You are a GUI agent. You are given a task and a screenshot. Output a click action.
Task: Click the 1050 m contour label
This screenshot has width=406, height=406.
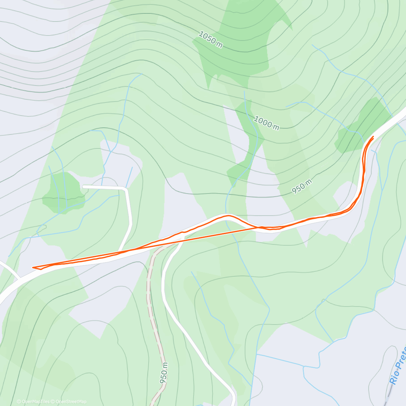coord(210,40)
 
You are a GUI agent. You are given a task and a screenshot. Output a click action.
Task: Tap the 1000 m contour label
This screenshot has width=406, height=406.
coord(266,123)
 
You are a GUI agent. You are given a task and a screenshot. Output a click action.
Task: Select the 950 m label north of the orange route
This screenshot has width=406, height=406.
coord(302,187)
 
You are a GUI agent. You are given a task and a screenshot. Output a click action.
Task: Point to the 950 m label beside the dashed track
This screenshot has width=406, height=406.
coord(164,373)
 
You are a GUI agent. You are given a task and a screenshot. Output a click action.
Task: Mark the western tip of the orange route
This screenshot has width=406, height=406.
coord(33,268)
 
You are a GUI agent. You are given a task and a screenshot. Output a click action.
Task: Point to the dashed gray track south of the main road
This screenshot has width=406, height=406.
coord(151,304)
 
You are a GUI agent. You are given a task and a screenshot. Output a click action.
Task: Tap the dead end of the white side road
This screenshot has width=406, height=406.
coord(84,186)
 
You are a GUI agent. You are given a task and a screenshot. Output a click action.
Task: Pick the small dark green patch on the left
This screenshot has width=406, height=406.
coord(63,193)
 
